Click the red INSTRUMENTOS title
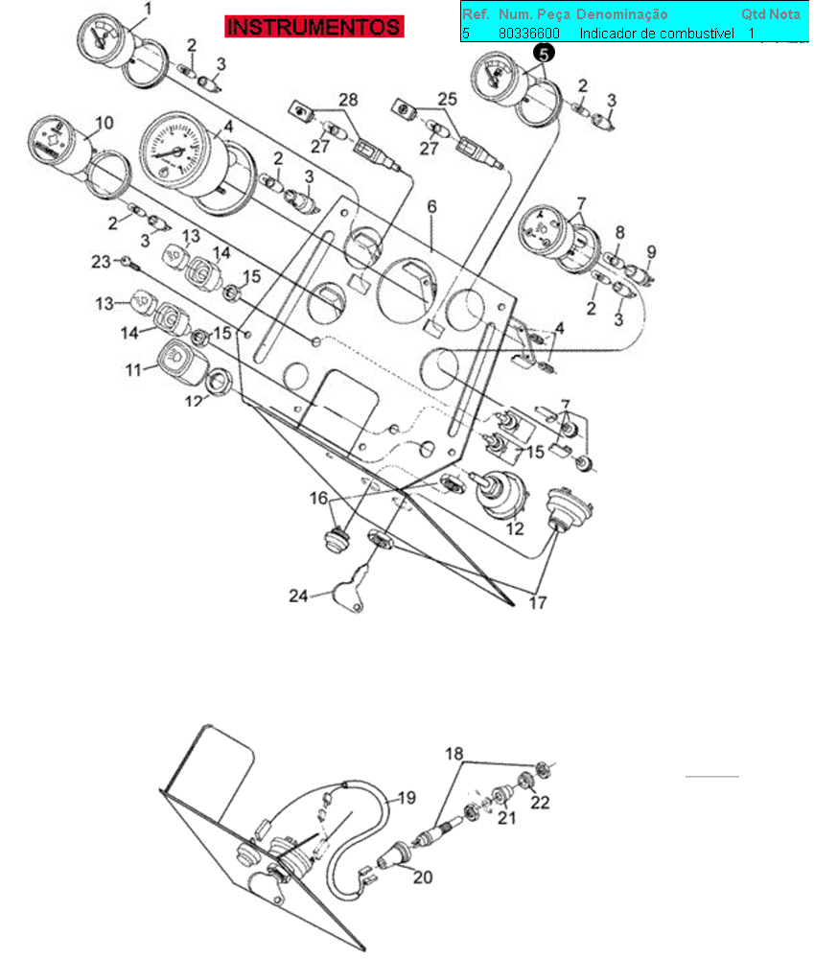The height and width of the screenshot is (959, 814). (314, 27)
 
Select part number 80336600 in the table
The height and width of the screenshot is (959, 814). (529, 34)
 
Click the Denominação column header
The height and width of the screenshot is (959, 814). (621, 14)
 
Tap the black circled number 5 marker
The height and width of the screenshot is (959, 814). (544, 53)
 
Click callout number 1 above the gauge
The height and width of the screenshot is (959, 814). (148, 11)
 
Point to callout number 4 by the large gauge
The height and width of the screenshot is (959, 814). (228, 126)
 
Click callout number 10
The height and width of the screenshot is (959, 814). (105, 123)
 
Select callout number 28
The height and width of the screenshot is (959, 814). (347, 100)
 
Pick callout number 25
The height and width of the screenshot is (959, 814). (448, 100)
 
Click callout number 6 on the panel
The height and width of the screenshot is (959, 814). (431, 207)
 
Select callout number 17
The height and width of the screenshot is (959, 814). (538, 603)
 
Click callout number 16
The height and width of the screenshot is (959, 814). (317, 499)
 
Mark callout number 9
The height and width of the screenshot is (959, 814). (651, 252)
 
